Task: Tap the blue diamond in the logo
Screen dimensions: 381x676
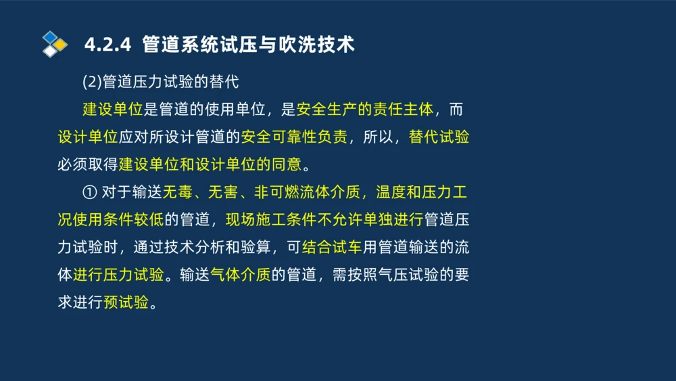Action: [x=50, y=37]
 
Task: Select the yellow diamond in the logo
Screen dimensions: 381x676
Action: [x=61, y=45]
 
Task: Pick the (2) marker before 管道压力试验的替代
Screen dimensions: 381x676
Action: [x=92, y=83]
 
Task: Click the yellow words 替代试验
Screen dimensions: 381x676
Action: [x=439, y=137]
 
